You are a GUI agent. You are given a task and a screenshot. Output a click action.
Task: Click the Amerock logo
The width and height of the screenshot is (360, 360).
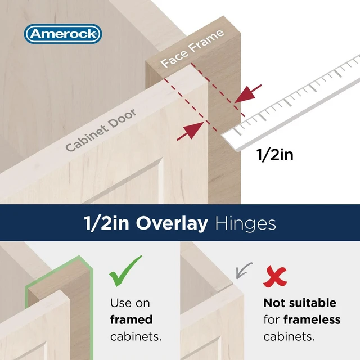point(63,34)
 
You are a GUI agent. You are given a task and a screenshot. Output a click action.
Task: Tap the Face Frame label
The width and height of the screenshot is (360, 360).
point(192,49)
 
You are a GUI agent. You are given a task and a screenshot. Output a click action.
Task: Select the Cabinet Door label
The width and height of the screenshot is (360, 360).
point(101,130)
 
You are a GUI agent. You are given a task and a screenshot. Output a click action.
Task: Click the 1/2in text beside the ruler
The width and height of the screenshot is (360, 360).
point(275,155)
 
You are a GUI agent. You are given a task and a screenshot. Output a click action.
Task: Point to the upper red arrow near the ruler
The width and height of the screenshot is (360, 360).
point(248,94)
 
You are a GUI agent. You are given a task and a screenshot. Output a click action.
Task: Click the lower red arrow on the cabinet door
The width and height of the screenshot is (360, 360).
point(190,130)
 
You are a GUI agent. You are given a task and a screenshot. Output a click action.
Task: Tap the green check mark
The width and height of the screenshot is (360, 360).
point(125,271)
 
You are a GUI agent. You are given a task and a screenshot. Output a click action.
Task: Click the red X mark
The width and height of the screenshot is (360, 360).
point(275,276)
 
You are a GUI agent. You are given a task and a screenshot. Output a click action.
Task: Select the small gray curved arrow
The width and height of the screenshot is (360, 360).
point(244,271)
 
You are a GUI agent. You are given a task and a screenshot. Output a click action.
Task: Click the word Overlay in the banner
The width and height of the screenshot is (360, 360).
point(172,223)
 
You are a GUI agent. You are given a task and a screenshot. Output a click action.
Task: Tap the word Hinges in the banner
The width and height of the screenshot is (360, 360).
point(246,224)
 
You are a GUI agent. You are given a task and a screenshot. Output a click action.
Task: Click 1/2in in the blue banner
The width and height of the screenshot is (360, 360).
point(106,223)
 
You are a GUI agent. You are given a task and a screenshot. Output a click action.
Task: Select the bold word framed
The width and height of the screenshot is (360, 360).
point(131,319)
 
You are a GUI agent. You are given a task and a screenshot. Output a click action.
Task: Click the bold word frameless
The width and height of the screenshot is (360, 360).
point(312,319)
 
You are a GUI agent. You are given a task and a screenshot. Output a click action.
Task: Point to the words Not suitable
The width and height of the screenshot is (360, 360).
point(300,303)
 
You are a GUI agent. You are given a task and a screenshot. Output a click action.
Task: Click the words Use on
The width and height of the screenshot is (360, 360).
point(130,303)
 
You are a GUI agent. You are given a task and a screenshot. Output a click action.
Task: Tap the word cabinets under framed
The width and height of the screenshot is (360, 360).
point(136,336)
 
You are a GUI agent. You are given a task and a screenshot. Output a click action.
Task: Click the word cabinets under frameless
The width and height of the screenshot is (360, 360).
point(289,336)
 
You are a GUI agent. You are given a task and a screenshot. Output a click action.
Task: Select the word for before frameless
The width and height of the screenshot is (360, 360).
point(271,319)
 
